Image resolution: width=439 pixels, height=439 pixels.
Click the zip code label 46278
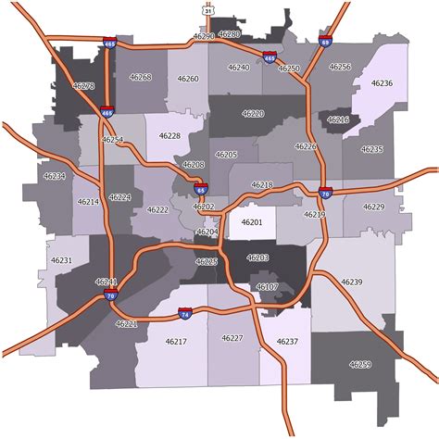pos(83,85)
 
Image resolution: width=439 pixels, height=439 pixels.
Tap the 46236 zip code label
pos(382,83)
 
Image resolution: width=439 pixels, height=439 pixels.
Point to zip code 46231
pos(61,261)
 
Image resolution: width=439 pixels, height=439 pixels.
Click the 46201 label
pos(252,222)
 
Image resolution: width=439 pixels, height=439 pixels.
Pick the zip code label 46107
pos(267,287)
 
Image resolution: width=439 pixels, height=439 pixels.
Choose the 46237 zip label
pos(287,342)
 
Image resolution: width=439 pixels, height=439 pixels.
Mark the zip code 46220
pos(253,113)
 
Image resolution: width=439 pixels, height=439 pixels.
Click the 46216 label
pos(338,119)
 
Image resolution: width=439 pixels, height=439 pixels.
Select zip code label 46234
pos(55,175)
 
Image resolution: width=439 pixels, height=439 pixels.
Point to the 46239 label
pos(351,281)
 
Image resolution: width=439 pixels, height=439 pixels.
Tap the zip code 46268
pos(141,78)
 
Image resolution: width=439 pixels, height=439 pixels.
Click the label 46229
pos(373,207)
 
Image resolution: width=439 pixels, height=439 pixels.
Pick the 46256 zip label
pos(340,67)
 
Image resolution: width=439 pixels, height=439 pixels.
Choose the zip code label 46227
pos(232,338)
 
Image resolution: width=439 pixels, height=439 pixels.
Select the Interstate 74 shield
pos(186,315)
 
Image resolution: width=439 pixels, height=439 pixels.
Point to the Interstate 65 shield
pos(201,189)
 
